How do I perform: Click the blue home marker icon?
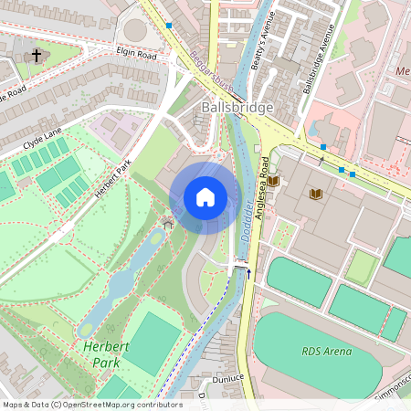[x=205, y=197]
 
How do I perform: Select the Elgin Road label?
[x=138, y=54]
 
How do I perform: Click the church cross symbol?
[x=37, y=57]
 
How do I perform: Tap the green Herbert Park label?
[x=102, y=354]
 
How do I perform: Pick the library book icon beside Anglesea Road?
[x=272, y=181]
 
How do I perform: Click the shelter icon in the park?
[x=166, y=222]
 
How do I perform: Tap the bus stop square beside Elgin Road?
[x=169, y=26]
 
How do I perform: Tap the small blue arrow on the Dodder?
[x=248, y=272]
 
